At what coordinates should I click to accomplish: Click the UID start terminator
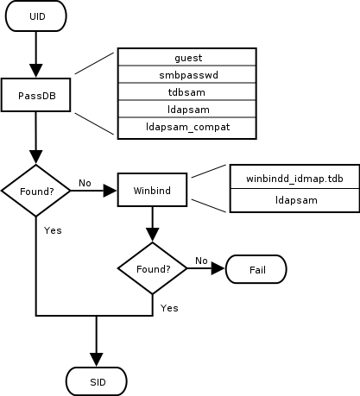[35, 17]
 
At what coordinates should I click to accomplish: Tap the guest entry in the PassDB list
[187, 58]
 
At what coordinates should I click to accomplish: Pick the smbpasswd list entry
[187, 75]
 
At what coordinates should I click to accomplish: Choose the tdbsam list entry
[187, 92]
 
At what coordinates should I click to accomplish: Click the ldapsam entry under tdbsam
[187, 110]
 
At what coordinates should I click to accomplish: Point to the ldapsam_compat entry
[187, 128]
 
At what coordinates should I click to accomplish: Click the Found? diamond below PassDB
[35, 190]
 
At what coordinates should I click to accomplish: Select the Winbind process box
[152, 190]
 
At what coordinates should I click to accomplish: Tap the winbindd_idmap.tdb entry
[294, 178]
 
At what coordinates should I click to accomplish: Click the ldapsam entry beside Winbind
[294, 200]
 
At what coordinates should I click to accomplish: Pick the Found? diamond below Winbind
[152, 268]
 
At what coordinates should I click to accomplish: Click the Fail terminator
[256, 269]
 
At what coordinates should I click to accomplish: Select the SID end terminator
[97, 380]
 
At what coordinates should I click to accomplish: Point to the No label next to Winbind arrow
[85, 183]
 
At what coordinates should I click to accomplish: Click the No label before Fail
[201, 260]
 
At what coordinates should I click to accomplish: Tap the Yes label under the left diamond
[52, 230]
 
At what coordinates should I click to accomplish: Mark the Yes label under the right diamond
[169, 307]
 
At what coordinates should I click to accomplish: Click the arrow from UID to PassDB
[35, 53]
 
